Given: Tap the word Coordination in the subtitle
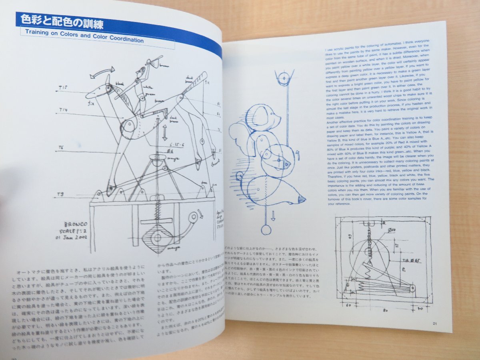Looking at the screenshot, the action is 123,40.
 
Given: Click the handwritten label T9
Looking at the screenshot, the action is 60,194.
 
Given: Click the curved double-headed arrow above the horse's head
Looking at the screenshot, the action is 102,72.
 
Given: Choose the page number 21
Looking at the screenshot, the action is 435,323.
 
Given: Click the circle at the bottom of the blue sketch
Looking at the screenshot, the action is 266,229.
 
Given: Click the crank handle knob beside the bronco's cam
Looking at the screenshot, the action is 194,218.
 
